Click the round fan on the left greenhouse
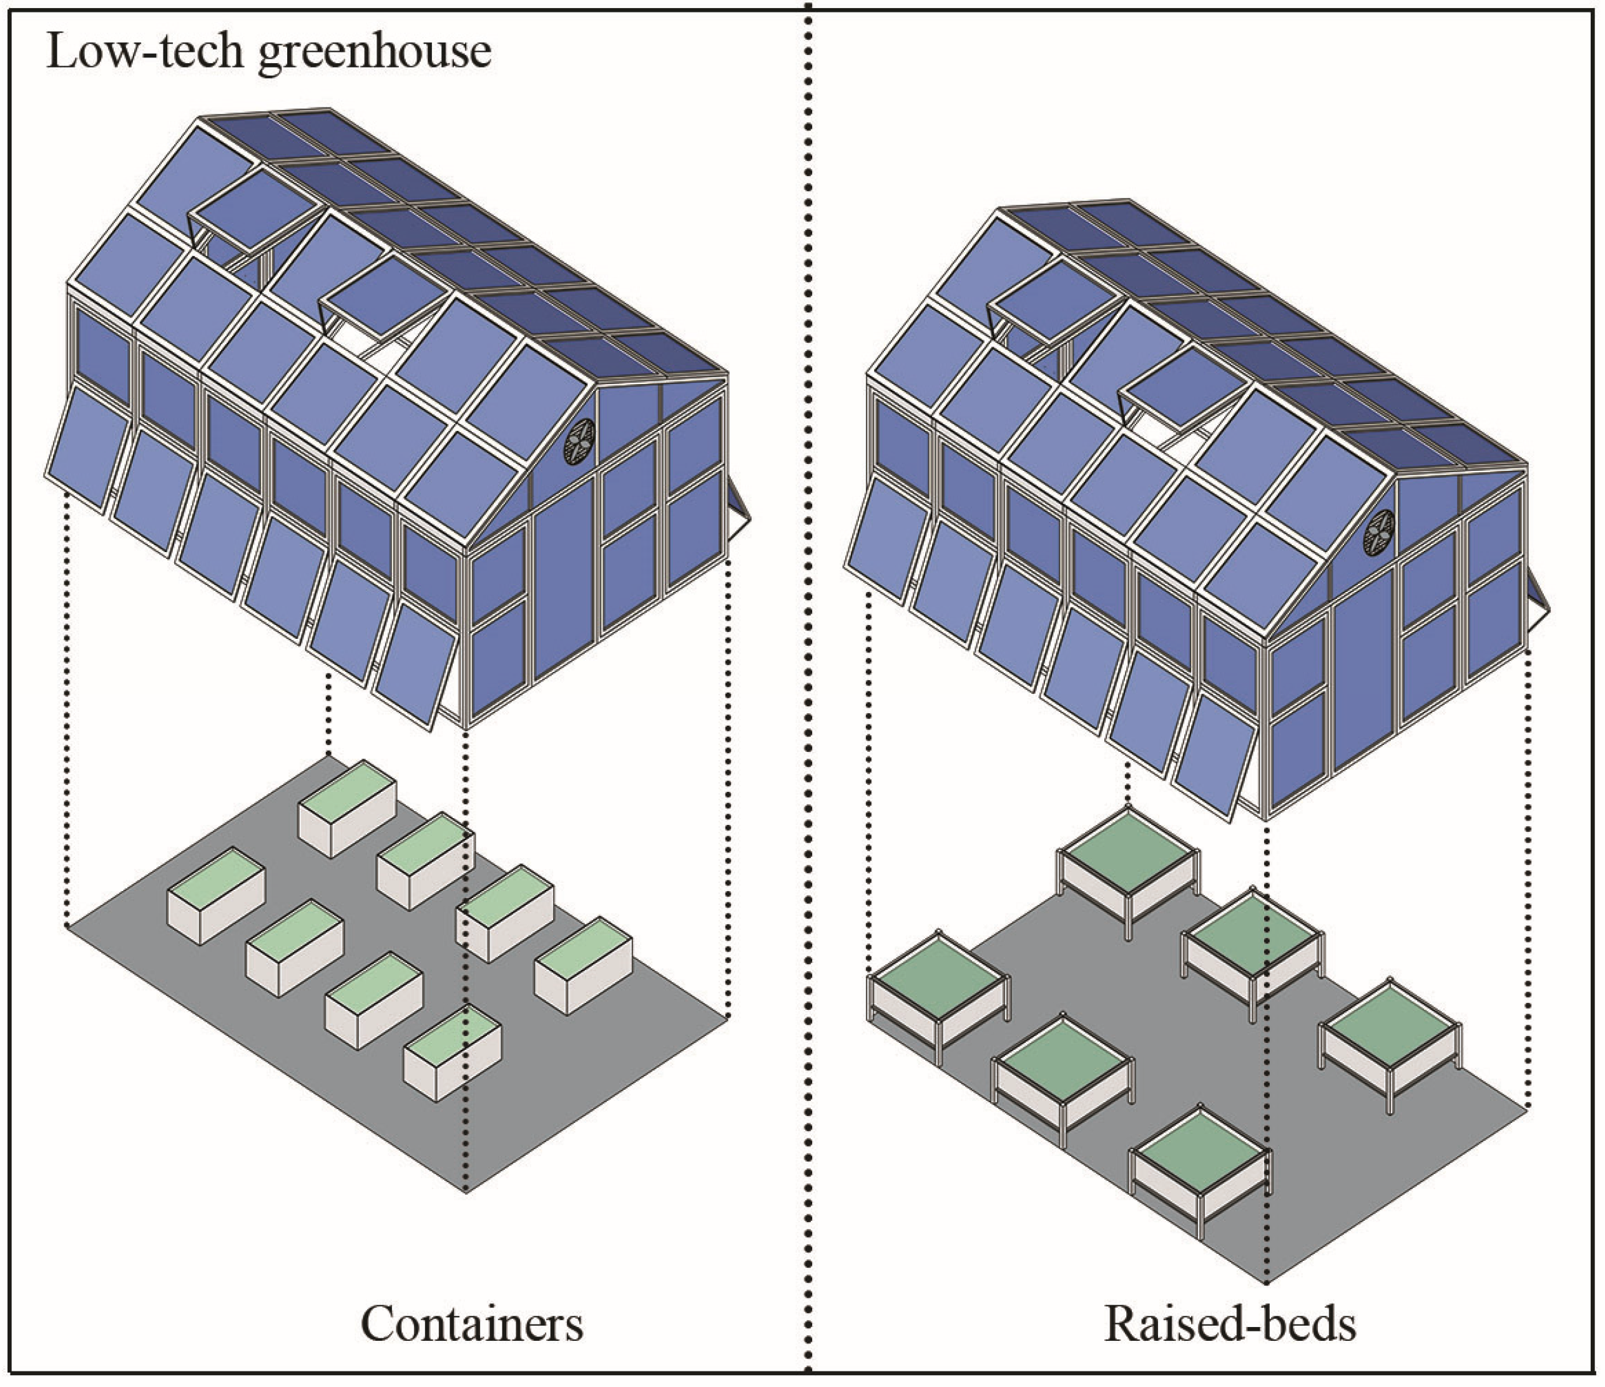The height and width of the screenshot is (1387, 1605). (x=579, y=441)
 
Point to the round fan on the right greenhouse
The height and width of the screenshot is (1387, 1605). (x=1379, y=533)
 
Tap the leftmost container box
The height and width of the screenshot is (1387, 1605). (x=217, y=894)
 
